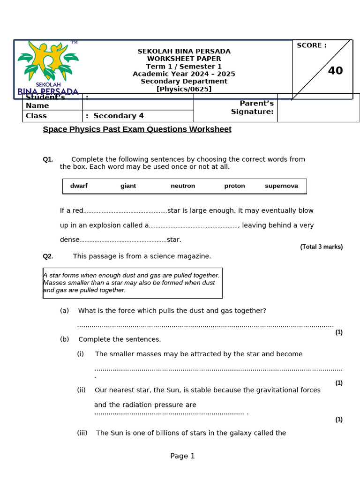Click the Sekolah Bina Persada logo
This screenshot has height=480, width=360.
click(x=48, y=68)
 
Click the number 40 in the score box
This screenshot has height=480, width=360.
click(x=335, y=71)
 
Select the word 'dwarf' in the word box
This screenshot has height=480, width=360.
click(x=79, y=186)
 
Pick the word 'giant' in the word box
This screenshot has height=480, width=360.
click(x=128, y=186)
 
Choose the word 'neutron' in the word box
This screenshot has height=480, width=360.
click(x=183, y=186)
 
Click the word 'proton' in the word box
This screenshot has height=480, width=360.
click(x=234, y=186)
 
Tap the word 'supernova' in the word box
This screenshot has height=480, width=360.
click(x=281, y=186)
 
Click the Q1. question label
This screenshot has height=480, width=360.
click(x=48, y=159)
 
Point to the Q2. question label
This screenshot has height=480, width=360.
click(x=48, y=256)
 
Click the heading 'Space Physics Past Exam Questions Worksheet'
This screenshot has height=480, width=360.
click(x=137, y=129)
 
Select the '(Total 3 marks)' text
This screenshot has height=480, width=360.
click(x=321, y=247)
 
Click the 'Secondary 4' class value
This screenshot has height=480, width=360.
click(x=119, y=116)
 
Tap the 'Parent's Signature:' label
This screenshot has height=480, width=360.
click(x=252, y=107)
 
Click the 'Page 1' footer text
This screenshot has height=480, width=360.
click(x=182, y=456)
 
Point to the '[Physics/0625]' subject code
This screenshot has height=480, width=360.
click(x=184, y=89)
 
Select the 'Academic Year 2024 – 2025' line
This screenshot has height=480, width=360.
click(x=184, y=74)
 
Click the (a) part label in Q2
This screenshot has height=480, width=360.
click(x=64, y=311)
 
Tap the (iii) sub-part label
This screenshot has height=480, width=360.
click(x=82, y=433)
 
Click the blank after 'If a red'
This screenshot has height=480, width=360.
click(x=125, y=211)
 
